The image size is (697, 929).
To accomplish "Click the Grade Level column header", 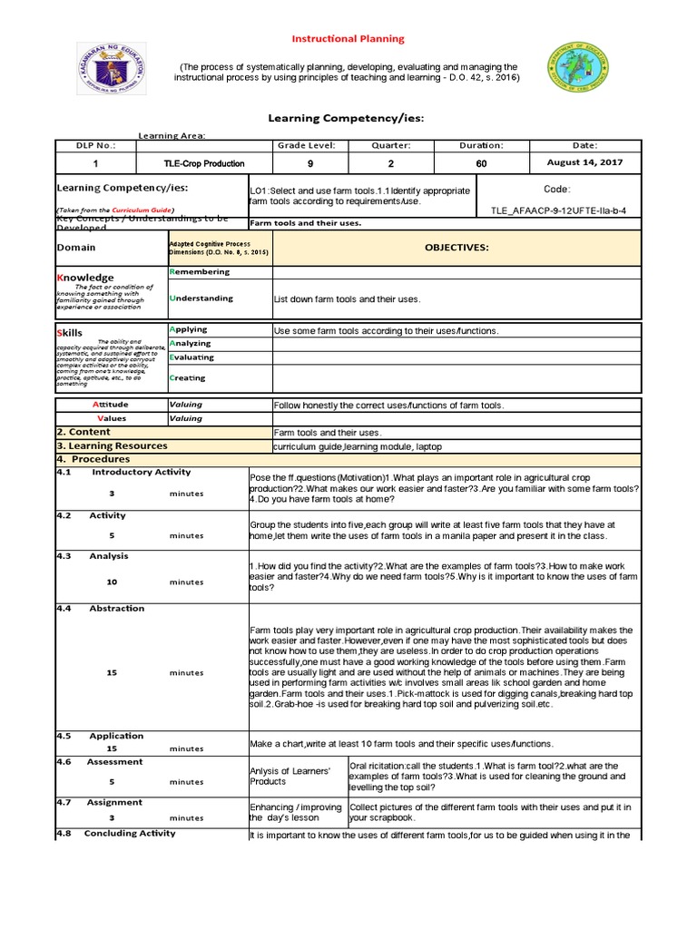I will point(309,145).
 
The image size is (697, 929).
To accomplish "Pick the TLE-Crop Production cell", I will point(203,163).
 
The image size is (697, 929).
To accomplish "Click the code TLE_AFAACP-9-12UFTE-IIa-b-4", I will point(557,210).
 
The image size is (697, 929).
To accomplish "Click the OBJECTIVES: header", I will point(458,247).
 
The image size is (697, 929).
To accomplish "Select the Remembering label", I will point(200,271).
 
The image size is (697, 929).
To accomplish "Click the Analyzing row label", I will point(190,343).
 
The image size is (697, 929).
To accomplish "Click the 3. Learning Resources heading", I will point(112,445).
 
